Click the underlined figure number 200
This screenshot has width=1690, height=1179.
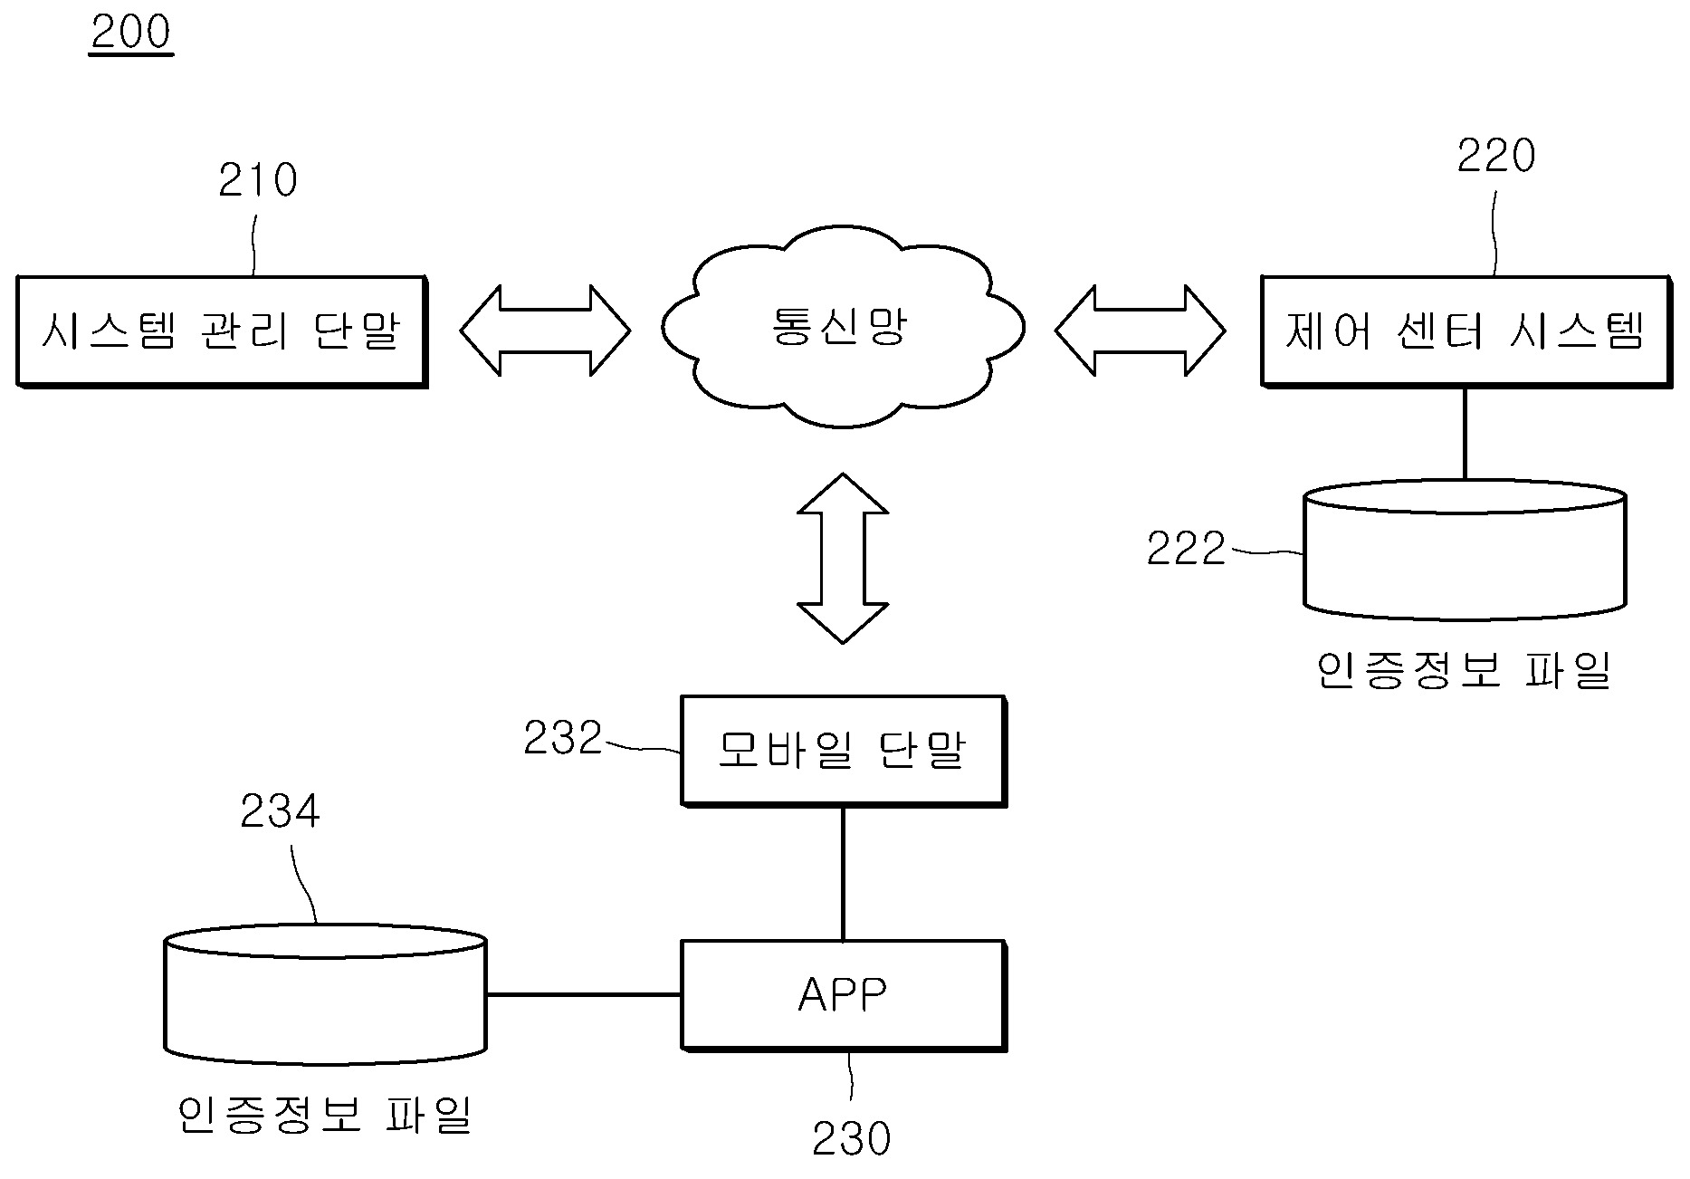(x=131, y=34)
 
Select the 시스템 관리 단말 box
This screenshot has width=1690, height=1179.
(x=222, y=331)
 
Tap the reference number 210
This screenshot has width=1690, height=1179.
(x=258, y=181)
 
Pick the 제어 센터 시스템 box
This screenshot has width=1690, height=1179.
(x=1466, y=331)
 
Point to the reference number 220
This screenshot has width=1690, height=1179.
(x=1496, y=157)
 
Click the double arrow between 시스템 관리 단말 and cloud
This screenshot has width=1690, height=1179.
(x=545, y=331)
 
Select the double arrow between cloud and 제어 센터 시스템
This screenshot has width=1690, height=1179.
(x=1140, y=331)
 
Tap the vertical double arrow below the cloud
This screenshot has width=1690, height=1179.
(x=842, y=558)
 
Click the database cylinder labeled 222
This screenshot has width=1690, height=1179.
(x=1465, y=552)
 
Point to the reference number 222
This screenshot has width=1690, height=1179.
(x=1186, y=550)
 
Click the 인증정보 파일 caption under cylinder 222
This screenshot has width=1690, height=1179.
(x=1465, y=671)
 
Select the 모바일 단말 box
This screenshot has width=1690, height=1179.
(x=843, y=751)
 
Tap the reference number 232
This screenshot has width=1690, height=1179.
(x=563, y=739)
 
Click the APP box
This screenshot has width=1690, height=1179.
(x=843, y=995)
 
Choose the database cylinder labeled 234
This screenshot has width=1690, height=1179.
(x=326, y=994)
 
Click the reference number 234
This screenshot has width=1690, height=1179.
(x=280, y=812)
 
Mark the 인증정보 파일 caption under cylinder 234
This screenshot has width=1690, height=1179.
(x=326, y=1115)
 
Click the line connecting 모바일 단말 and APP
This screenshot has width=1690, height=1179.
(x=843, y=874)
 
